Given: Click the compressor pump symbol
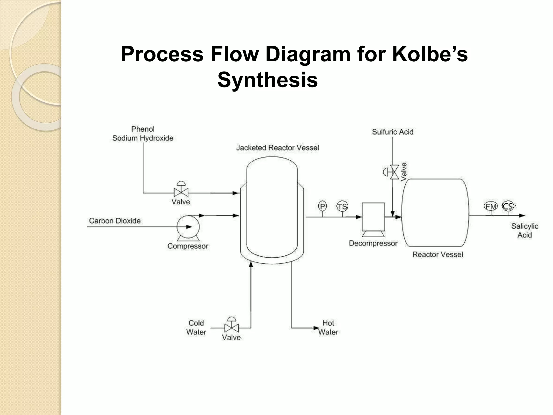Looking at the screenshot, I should pyautogui.click(x=188, y=227).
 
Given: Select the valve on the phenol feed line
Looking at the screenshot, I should pyautogui.click(x=181, y=192).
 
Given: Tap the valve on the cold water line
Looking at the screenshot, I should pyautogui.click(x=231, y=328).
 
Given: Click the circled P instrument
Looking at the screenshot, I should pyautogui.click(x=322, y=206).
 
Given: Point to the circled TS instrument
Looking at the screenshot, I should pyautogui.click(x=342, y=207).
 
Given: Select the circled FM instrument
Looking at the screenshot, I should pyautogui.click(x=491, y=206).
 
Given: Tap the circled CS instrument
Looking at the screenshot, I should pyautogui.click(x=508, y=206).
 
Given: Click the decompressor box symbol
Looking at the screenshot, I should pyautogui.click(x=373, y=217).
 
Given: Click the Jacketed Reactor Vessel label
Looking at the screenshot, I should pyautogui.click(x=277, y=148).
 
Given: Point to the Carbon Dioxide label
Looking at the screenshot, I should pyautogui.click(x=115, y=221).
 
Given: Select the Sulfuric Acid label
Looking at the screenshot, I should pyautogui.click(x=393, y=132).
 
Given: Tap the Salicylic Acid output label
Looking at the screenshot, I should pyautogui.click(x=524, y=230).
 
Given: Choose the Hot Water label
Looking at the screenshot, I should pyautogui.click(x=328, y=327).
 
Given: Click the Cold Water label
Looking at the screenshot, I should pyautogui.click(x=196, y=327).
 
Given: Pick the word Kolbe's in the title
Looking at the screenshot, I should pyautogui.click(x=430, y=54).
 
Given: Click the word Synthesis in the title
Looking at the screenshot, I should pyautogui.click(x=267, y=80).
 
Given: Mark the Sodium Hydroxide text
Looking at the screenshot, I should pyautogui.click(x=143, y=138).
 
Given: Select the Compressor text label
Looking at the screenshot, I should pyautogui.click(x=188, y=246).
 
